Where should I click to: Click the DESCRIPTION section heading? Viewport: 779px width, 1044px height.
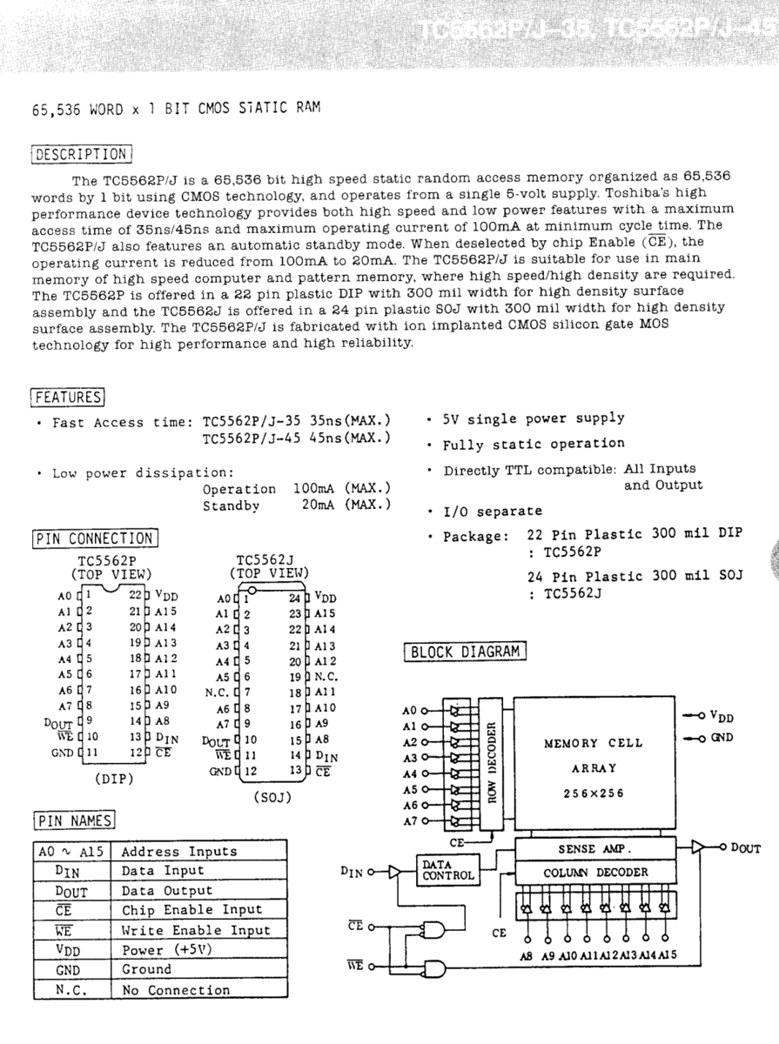[81, 155]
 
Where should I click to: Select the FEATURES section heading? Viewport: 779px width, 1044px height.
[69, 397]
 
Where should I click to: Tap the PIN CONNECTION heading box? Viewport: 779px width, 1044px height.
[95, 539]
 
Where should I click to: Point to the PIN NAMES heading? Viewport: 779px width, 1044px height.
[74, 820]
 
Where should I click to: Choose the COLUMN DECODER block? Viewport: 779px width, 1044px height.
[595, 872]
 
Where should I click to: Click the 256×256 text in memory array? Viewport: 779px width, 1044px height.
[594, 793]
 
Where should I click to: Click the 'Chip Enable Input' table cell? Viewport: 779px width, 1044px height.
[191, 910]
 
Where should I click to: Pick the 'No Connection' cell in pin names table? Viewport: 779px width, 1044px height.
[176, 990]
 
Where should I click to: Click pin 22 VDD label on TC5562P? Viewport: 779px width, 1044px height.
[161, 595]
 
